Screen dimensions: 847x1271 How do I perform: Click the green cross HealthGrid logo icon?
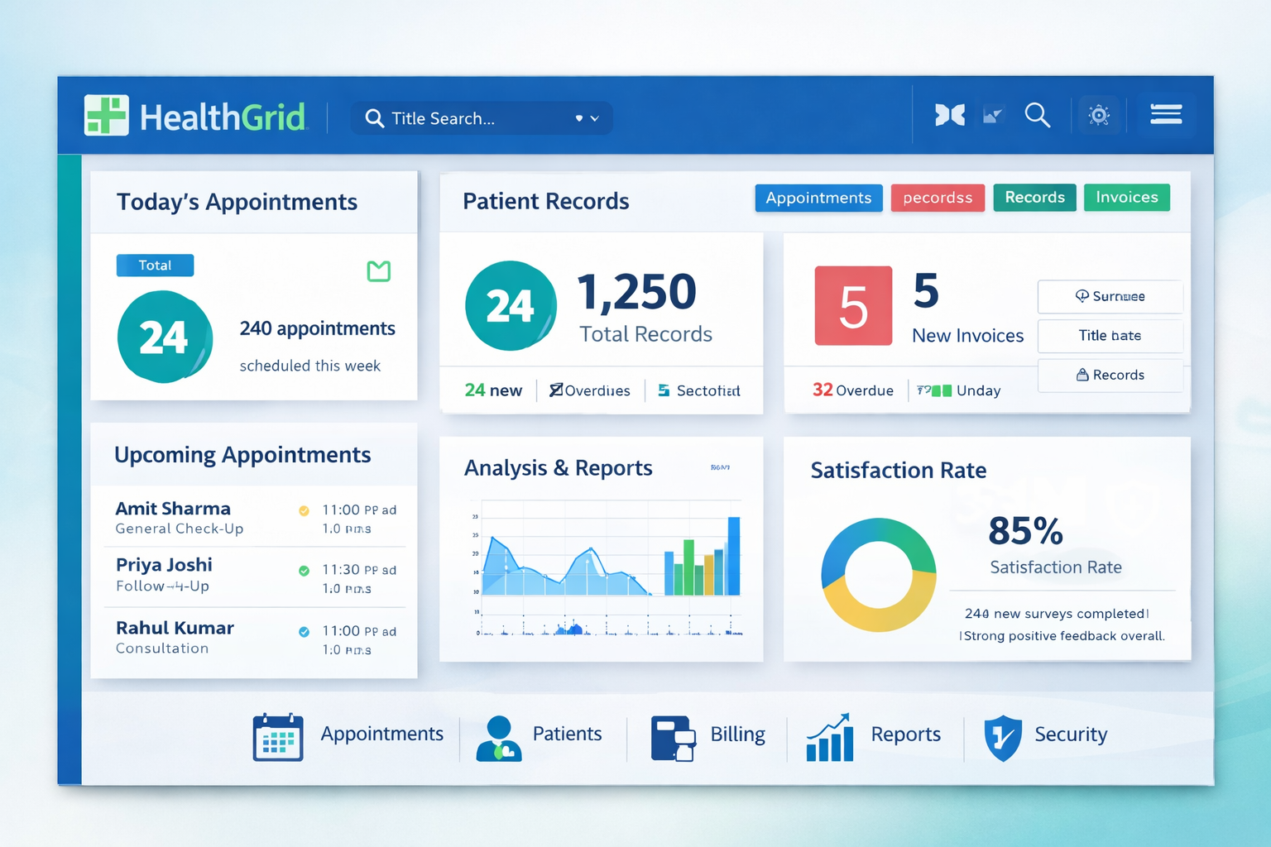click(x=107, y=115)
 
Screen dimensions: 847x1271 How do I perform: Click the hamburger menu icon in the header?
click(x=1166, y=114)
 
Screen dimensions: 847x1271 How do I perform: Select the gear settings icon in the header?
click(x=1099, y=115)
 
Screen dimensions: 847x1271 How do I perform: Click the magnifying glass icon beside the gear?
click(x=1037, y=115)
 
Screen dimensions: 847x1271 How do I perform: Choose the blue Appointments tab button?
click(x=818, y=198)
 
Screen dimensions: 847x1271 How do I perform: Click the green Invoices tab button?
click(x=1126, y=197)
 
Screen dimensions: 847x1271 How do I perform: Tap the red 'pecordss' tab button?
click(x=938, y=198)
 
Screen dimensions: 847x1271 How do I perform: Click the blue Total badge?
click(x=155, y=265)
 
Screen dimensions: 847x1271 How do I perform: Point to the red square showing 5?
click(x=853, y=305)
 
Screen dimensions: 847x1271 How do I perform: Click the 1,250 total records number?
click(x=636, y=292)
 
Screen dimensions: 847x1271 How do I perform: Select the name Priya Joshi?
click(x=164, y=564)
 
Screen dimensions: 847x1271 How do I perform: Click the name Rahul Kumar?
click(x=175, y=628)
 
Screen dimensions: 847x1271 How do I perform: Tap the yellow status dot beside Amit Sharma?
click(x=304, y=510)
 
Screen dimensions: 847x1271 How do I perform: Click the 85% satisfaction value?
click(x=1025, y=530)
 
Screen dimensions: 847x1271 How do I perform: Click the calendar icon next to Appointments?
click(x=277, y=736)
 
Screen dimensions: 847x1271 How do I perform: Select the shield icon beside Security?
click(x=1002, y=737)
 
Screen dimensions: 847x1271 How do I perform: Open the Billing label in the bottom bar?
click(x=737, y=735)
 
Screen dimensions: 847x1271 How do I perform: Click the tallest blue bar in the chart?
click(x=733, y=556)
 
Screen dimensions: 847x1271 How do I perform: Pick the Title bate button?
click(x=1110, y=336)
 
